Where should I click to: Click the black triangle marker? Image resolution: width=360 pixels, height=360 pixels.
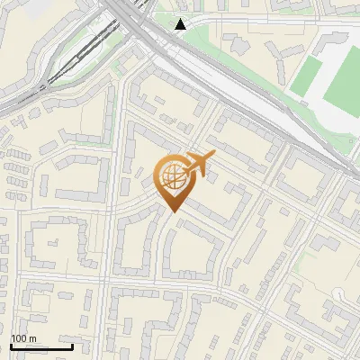[181, 24]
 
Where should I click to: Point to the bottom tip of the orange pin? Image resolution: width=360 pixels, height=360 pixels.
[171, 212]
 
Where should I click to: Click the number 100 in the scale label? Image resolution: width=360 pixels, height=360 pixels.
[19, 338]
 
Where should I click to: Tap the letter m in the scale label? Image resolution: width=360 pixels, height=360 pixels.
[33, 338]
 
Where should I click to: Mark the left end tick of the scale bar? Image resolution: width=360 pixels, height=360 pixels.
[11, 346]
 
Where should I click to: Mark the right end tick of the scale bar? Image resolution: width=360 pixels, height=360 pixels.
[72, 346]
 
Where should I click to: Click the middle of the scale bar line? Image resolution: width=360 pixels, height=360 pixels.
[41, 347]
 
